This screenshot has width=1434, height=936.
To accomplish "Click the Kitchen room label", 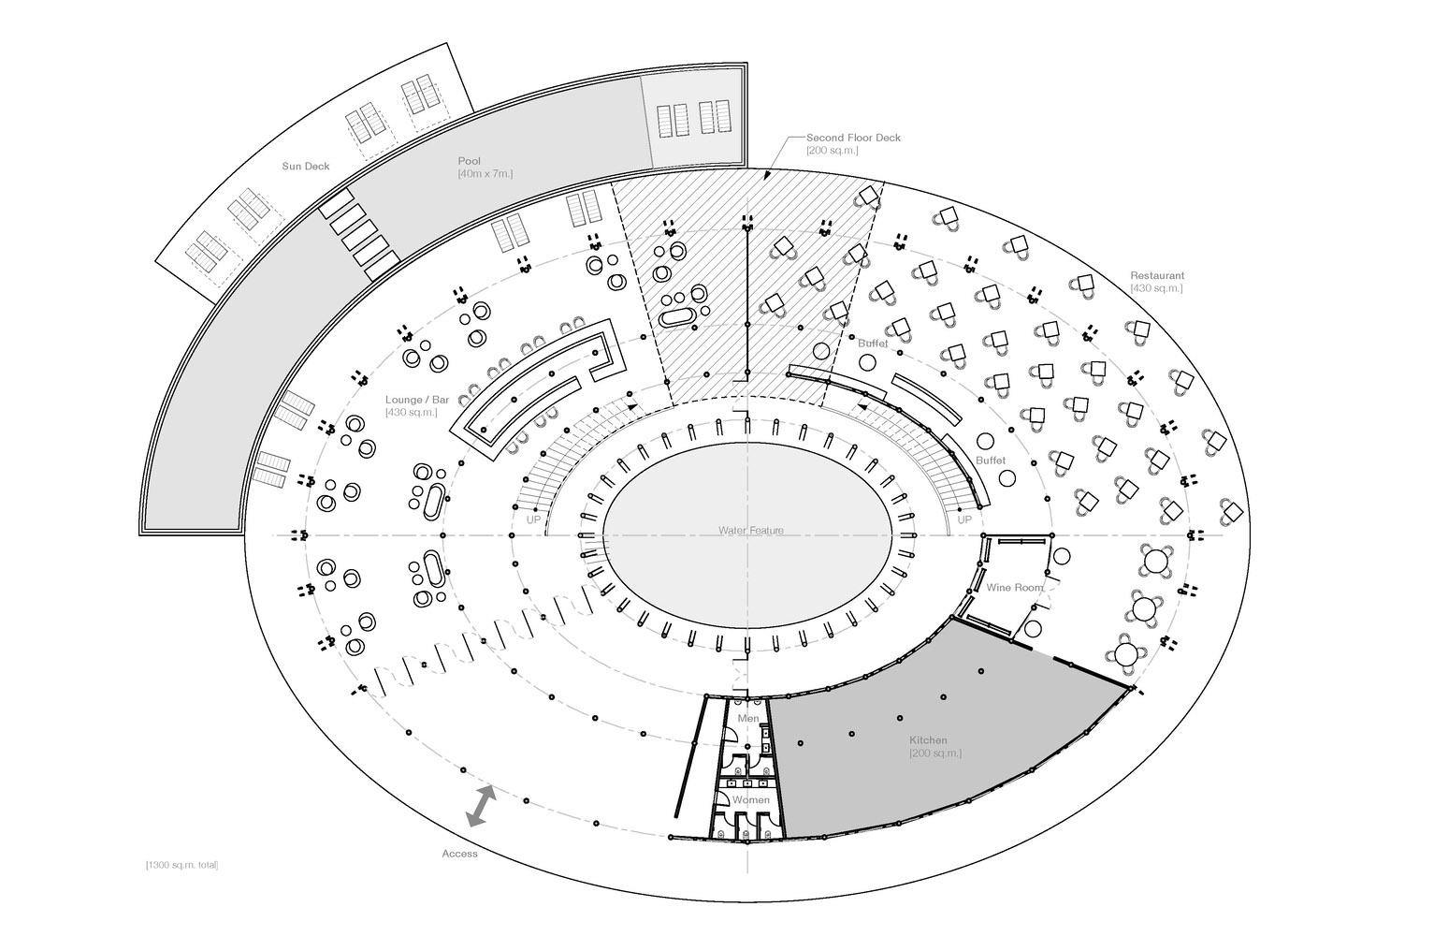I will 928,739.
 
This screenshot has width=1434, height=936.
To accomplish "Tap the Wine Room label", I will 1014,588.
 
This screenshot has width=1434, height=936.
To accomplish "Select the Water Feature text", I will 751,530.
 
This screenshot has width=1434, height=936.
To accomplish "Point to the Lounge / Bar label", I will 417,400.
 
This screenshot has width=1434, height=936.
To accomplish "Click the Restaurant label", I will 1157,275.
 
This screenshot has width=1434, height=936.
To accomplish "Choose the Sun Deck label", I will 306,167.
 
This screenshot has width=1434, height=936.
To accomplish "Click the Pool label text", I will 469,161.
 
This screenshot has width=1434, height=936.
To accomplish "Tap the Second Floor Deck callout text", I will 853,138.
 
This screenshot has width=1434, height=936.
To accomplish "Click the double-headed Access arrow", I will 482,806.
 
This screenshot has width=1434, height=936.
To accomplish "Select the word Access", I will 459,854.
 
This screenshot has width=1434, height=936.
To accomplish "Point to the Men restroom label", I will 748,718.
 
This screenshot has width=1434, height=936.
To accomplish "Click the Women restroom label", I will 750,800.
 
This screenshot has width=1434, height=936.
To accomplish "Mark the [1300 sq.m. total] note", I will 181,865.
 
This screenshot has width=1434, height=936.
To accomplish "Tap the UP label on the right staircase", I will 964,519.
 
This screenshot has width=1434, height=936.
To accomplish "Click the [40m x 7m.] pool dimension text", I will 485,174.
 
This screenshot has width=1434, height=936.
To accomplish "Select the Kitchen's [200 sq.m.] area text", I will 934,753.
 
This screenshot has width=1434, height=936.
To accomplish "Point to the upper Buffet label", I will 873,344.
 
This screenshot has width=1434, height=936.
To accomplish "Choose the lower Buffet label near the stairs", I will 991,461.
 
